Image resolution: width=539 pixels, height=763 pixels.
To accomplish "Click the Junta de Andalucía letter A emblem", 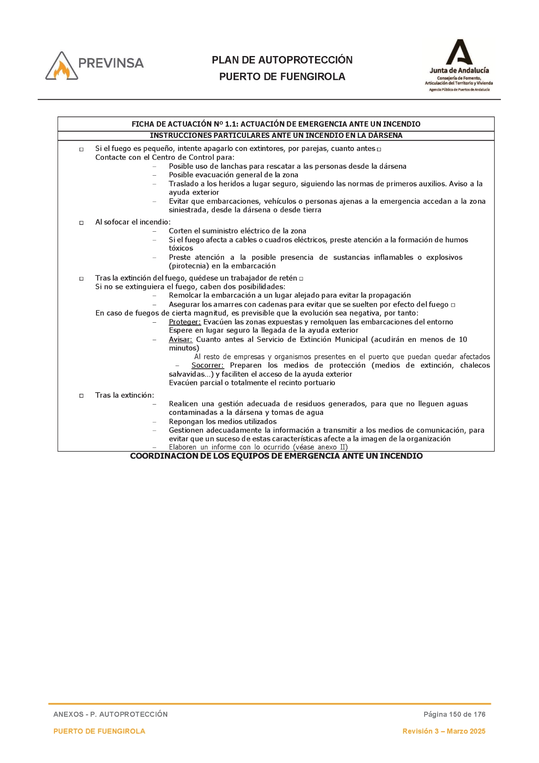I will [459, 52].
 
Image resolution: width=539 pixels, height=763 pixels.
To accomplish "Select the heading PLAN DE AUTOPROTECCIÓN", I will [282, 60].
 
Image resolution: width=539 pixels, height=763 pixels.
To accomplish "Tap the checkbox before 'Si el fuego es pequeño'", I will [81, 149].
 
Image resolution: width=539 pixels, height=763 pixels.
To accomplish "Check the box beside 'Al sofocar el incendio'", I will [81, 223].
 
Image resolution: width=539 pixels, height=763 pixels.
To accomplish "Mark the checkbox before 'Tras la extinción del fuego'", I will [81, 279].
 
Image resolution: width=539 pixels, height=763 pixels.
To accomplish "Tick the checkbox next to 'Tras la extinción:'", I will [81, 396].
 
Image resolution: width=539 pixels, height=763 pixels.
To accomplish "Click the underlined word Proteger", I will [185, 322].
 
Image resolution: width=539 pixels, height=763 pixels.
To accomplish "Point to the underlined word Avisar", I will [180, 339].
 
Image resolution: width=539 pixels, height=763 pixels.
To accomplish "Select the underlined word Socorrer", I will [207, 365].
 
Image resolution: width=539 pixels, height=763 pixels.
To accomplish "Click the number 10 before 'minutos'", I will [463, 339].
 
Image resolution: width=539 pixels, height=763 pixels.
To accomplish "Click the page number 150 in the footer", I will [454, 714].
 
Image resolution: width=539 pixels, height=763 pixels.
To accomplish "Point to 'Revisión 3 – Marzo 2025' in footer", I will [444, 731].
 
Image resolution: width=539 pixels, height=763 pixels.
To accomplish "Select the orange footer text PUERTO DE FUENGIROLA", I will [99, 731].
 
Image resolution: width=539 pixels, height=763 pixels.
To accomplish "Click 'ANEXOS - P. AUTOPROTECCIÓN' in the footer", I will [110, 714].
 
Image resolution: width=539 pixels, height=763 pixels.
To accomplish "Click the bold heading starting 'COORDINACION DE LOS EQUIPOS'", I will [276, 456].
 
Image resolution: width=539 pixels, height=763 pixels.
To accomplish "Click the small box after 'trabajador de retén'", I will [301, 279].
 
